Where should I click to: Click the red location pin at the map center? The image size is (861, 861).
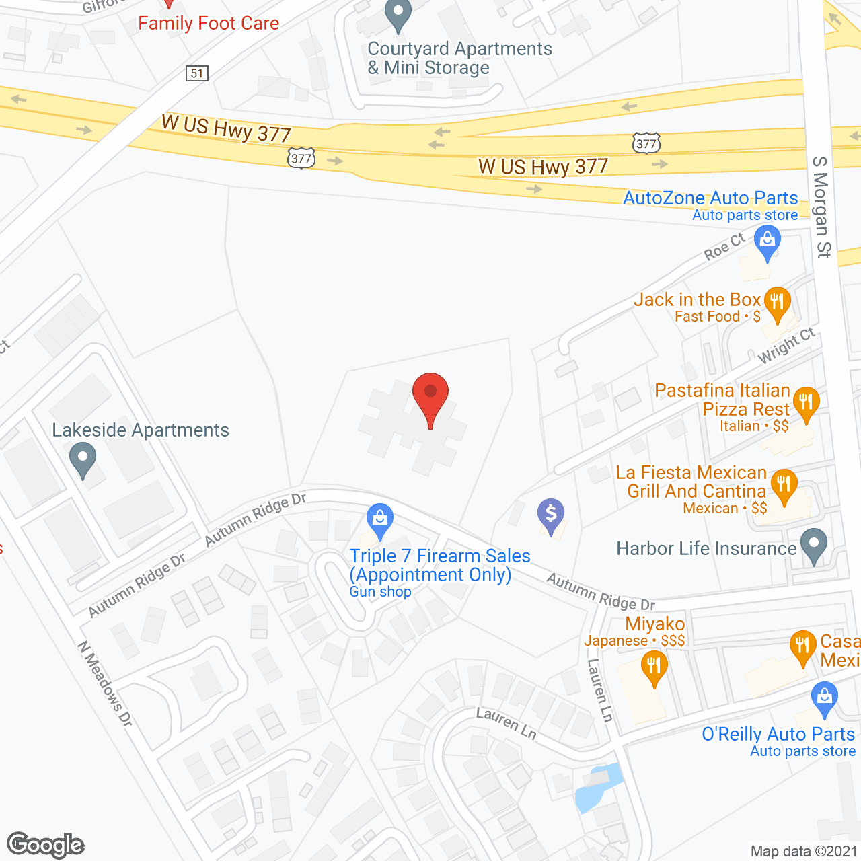click(x=430, y=396)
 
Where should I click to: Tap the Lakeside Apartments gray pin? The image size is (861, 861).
click(x=83, y=459)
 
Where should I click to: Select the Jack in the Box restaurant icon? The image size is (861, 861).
click(x=777, y=304)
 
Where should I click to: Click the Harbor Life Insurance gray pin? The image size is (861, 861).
click(x=814, y=546)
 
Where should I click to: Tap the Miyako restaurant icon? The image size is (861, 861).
click(x=654, y=667)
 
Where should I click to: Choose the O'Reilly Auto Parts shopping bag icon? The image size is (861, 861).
click(x=824, y=699)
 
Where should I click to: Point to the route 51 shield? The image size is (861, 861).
click(x=197, y=73)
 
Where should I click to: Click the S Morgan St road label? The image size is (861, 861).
click(x=822, y=207)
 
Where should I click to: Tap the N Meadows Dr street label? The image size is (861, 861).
click(x=105, y=683)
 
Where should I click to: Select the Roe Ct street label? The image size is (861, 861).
click(x=724, y=247)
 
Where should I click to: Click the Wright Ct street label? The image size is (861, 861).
click(x=786, y=346)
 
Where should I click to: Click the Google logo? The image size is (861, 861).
click(x=46, y=845)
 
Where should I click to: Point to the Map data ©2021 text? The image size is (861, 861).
click(x=804, y=852)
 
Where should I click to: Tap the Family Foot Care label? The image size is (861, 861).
click(x=209, y=24)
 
